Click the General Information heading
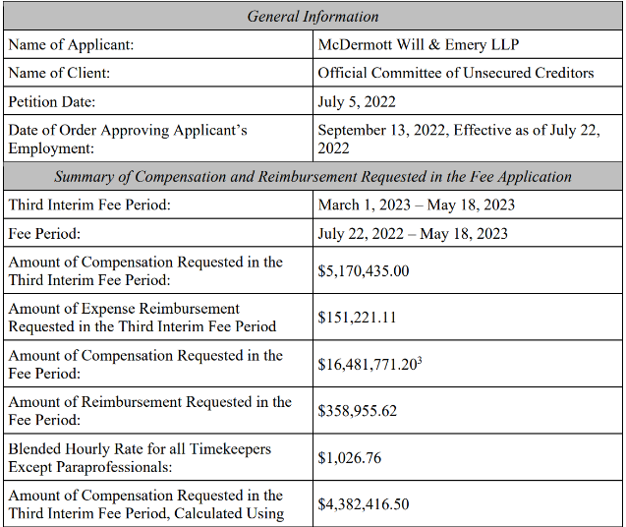(313, 16)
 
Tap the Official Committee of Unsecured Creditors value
(455, 73)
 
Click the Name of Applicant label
(71, 44)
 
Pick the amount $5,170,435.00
(363, 271)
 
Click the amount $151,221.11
(357, 318)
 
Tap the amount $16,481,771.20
(366, 365)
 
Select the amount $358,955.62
(357, 411)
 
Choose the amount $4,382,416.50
(363, 504)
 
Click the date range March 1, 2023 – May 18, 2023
(416, 205)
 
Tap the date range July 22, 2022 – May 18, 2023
(413, 234)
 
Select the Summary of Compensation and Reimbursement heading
(313, 177)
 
